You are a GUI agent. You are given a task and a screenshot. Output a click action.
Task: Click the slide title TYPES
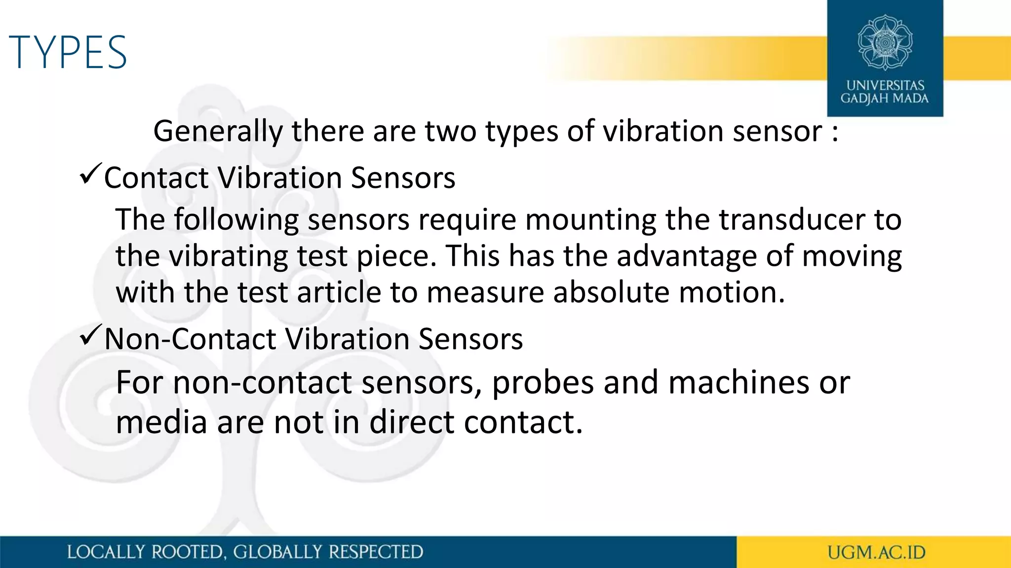[68, 52]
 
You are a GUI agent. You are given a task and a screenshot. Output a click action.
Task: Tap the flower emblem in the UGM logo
[885, 42]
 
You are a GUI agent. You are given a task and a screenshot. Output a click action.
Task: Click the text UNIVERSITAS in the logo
[885, 85]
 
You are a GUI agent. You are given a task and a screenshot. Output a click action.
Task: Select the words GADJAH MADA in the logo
[885, 99]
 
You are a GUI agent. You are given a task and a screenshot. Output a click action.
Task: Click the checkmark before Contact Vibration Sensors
[90, 175]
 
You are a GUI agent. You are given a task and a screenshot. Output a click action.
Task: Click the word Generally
[218, 132]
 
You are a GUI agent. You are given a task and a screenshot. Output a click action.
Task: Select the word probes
[543, 383]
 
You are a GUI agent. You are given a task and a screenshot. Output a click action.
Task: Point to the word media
[161, 423]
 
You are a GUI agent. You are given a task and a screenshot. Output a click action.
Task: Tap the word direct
[412, 423]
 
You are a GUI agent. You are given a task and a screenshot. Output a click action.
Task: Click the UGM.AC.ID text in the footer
[876, 553]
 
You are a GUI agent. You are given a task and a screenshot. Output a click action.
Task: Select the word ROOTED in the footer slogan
[187, 552]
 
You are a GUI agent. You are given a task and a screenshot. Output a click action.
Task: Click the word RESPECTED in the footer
[375, 552]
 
